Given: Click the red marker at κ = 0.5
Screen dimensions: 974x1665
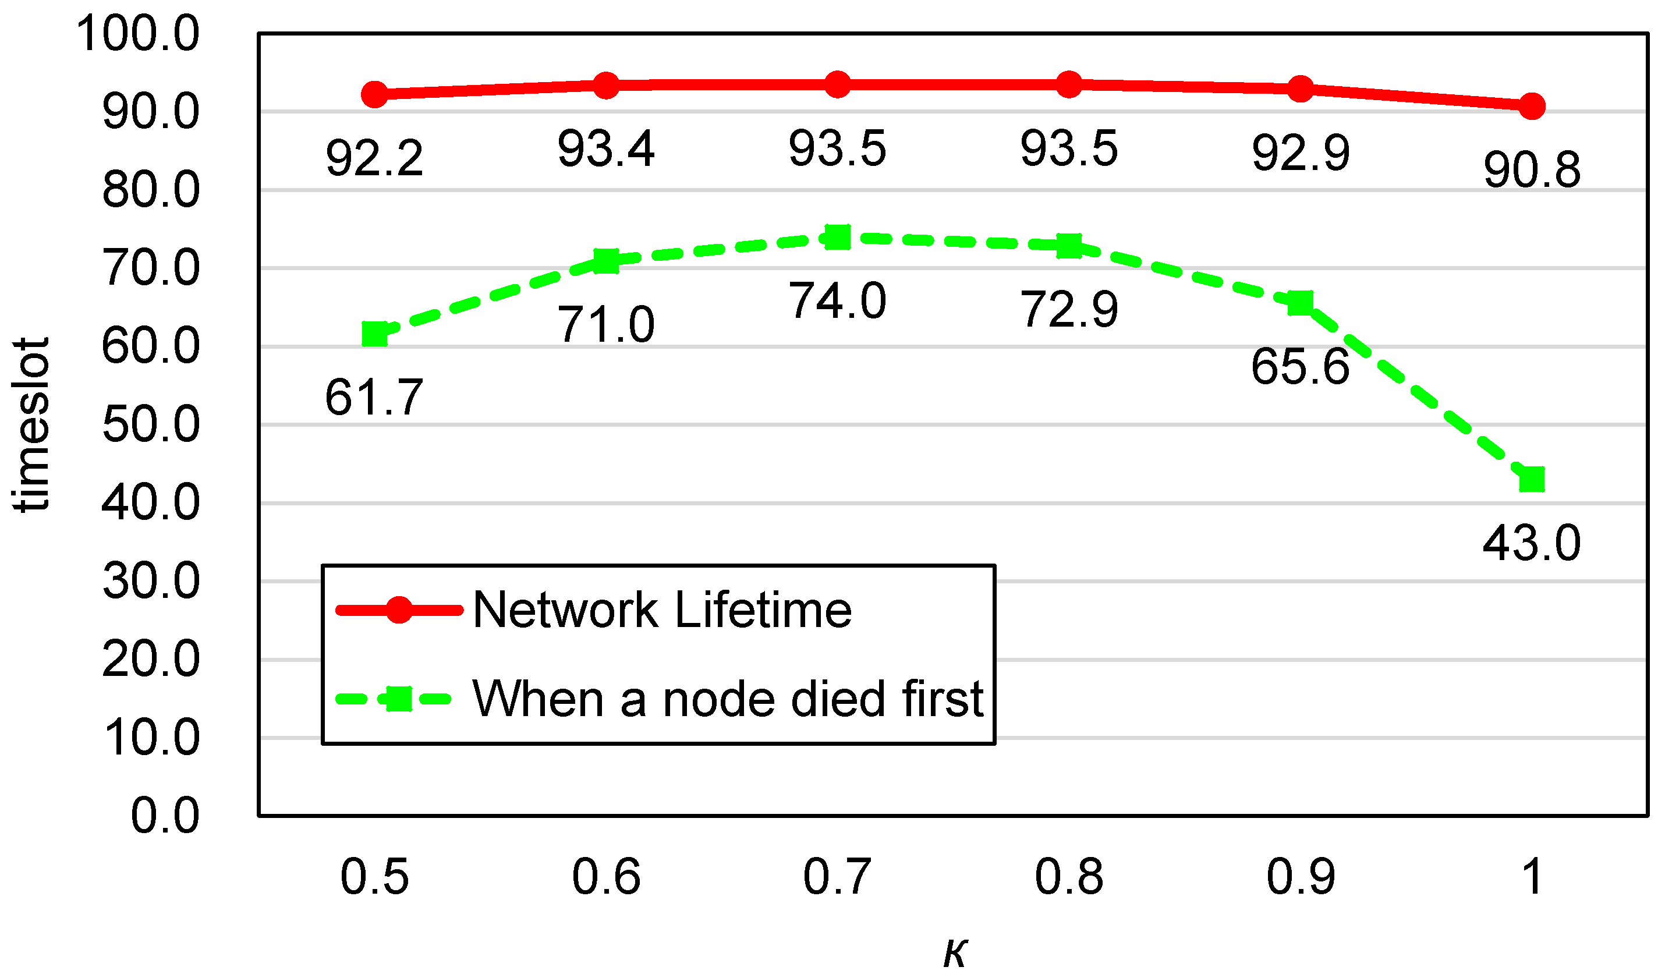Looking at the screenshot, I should [x=375, y=94].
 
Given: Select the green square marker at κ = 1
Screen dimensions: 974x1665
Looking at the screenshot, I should [x=1532, y=479].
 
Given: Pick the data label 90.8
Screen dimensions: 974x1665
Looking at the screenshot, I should [x=1532, y=170].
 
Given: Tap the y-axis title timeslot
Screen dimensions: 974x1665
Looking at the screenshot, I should [x=31, y=425].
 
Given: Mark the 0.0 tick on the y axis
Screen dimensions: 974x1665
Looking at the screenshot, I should [x=165, y=816].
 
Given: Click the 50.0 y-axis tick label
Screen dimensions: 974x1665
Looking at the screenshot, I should [x=151, y=424].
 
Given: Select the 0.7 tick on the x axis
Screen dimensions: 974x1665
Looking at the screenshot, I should [x=837, y=877].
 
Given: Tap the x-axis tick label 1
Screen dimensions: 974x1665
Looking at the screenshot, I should [x=1532, y=877].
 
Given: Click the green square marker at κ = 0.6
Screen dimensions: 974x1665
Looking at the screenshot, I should [x=606, y=261].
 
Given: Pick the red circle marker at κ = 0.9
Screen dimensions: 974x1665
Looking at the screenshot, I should [x=1301, y=89].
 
